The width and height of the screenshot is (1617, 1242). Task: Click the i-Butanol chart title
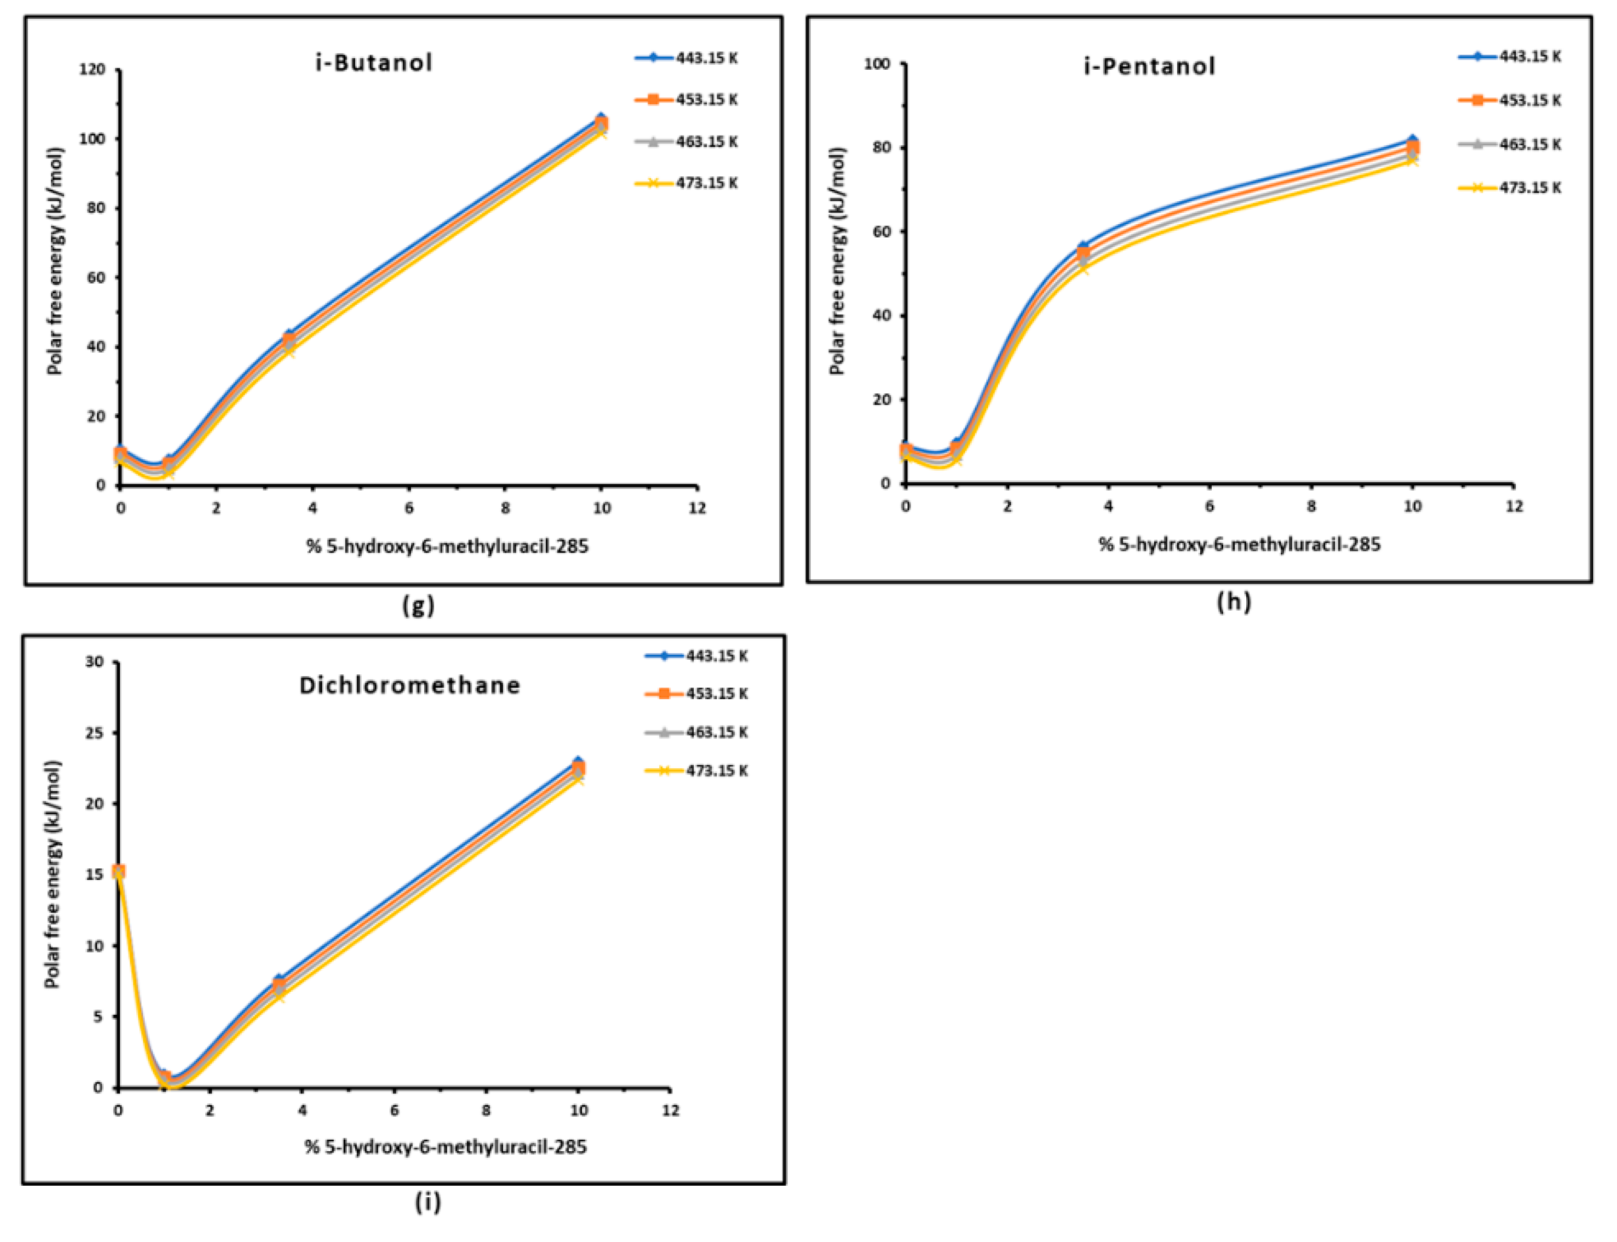373,62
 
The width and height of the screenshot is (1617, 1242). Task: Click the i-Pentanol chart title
1149,67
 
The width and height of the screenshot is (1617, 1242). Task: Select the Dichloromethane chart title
410,685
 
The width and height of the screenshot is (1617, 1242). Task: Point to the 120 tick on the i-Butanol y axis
93,70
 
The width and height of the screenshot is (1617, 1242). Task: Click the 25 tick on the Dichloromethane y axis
94,732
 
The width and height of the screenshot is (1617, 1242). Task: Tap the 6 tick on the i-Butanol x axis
409,508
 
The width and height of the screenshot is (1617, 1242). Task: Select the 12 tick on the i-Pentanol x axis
1514,506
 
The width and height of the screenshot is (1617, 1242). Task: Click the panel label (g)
418,605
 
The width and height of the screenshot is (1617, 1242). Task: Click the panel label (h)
1234,602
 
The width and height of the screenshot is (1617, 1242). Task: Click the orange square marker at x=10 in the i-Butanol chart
602,124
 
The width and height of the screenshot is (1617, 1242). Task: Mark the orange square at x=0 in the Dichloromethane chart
118,871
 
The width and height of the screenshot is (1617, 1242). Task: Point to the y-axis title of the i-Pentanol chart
836,261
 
